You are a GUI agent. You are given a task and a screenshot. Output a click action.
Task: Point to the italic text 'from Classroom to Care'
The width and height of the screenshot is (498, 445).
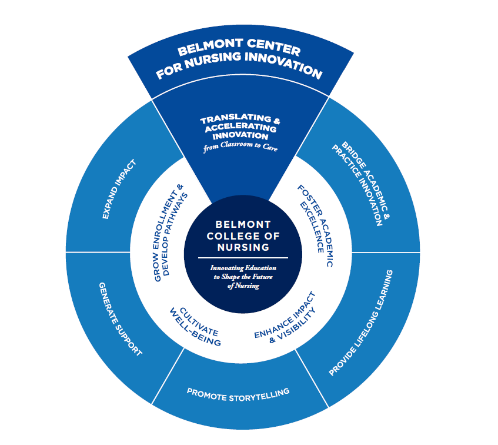(240, 148)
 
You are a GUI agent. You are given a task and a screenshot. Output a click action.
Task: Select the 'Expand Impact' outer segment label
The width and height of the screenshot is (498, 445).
(120, 189)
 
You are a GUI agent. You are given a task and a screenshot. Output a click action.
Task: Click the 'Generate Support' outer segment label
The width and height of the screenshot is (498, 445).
(119, 317)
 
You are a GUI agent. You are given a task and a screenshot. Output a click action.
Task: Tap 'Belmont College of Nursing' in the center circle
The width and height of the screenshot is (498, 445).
(243, 236)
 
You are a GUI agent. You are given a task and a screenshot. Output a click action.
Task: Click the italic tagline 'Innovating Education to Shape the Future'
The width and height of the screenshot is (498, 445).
(243, 272)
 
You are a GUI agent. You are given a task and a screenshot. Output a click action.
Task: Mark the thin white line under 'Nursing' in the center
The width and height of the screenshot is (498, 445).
(243, 258)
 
